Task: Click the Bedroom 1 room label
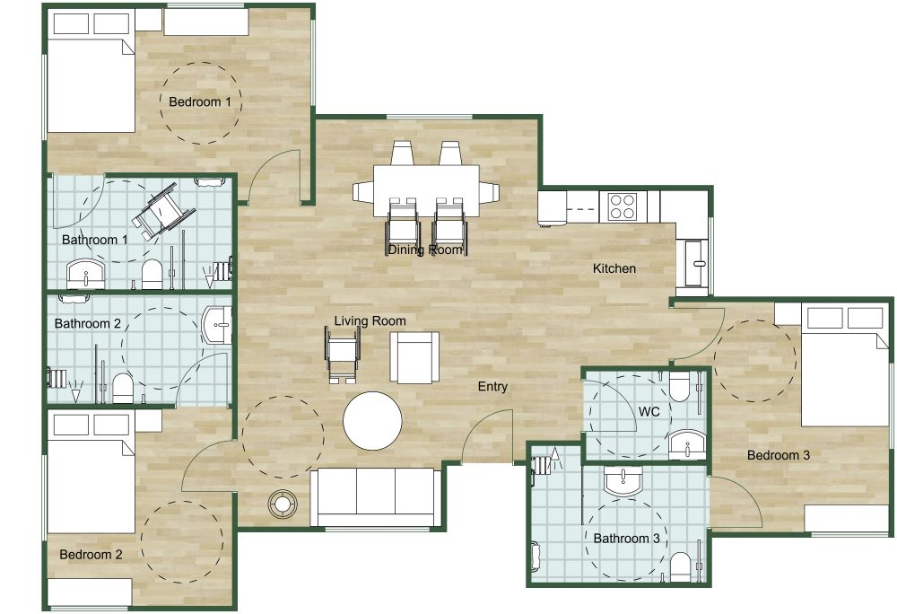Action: tap(200, 102)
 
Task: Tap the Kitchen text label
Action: tap(614, 268)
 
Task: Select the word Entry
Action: tap(492, 387)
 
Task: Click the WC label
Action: tap(649, 411)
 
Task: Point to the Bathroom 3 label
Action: tap(626, 539)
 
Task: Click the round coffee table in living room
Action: tap(372, 421)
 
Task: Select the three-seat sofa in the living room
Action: tap(374, 496)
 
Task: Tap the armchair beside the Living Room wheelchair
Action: tap(414, 356)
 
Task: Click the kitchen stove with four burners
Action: tap(623, 206)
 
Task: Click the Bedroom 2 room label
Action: tap(91, 555)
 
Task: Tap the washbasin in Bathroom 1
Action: tap(85, 274)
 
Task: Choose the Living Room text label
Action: tap(370, 320)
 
